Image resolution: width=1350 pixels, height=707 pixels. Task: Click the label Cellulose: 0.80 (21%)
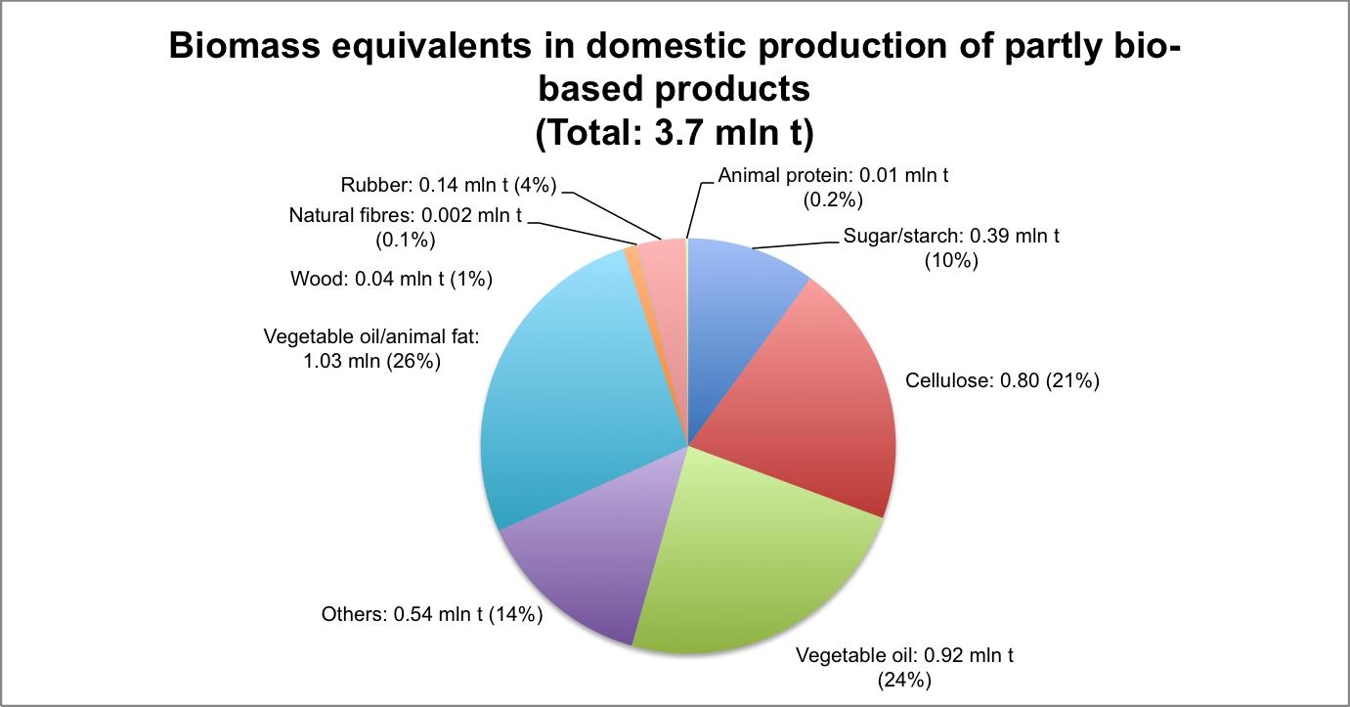click(x=1002, y=380)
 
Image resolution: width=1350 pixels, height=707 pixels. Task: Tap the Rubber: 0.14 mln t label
click(x=451, y=185)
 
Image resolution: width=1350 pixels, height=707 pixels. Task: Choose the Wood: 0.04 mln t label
click(x=391, y=279)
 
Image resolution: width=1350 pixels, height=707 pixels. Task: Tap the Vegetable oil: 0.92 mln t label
click(x=904, y=666)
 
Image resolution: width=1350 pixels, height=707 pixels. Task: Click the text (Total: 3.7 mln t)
click(x=675, y=134)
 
